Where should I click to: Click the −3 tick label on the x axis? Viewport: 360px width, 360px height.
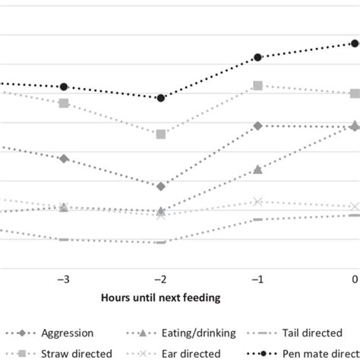(x=64, y=279)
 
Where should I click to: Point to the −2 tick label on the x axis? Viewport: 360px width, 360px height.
(x=160, y=279)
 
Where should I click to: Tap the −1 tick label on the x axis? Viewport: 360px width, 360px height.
(x=257, y=279)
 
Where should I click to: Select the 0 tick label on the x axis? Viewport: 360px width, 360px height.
(x=355, y=279)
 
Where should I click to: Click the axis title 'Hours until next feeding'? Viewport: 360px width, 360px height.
(x=160, y=298)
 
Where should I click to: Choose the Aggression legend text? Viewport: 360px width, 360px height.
(x=68, y=333)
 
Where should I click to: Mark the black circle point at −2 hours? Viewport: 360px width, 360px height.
(x=161, y=98)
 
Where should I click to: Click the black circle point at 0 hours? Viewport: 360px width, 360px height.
(x=355, y=43)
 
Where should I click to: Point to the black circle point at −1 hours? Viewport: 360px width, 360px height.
(x=258, y=58)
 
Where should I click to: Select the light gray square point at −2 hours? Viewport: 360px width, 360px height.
(x=161, y=134)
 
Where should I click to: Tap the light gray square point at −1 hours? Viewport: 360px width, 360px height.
(x=258, y=86)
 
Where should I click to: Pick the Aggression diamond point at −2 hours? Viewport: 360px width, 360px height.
(x=161, y=186)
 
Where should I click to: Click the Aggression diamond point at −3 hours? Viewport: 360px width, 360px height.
(x=64, y=158)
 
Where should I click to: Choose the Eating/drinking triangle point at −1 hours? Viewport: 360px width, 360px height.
(x=258, y=169)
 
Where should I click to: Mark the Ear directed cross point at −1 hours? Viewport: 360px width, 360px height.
(x=258, y=201)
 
